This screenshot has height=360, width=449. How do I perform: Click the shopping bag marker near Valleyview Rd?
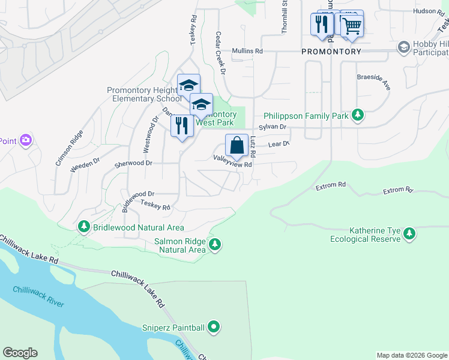(237, 145)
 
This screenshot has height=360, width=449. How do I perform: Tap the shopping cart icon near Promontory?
(352, 25)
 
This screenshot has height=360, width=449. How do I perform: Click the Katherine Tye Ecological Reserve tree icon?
(409, 233)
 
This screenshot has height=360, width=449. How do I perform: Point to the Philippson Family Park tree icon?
(358, 115)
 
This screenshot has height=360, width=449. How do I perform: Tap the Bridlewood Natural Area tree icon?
(84, 227)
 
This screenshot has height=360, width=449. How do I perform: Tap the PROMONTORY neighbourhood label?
(331, 52)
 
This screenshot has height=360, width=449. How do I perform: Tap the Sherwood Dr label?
(134, 163)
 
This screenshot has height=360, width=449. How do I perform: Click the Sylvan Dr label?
(273, 127)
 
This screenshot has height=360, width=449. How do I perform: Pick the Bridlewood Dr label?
(139, 194)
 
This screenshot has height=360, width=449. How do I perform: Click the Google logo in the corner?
(20, 353)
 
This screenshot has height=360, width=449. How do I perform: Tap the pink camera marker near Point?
(25, 140)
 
